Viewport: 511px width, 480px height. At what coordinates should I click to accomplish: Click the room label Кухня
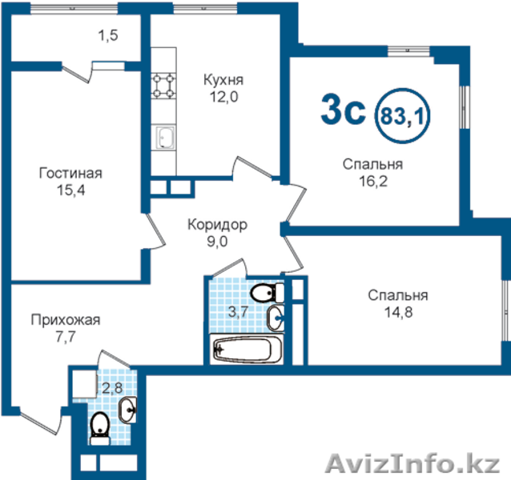pos(223,80)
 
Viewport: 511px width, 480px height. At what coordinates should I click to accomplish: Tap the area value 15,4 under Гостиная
pos(70,190)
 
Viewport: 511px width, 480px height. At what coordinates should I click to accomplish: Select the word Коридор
pos(217,225)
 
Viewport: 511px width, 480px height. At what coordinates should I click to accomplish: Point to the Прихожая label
pos(66,320)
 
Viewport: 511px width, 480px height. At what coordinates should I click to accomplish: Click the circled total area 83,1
pos(403,116)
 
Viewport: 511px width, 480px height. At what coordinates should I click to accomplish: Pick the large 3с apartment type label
pos(343,110)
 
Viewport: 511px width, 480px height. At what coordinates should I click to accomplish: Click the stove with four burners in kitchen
pos(163,86)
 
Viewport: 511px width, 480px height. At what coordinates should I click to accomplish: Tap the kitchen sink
pos(166,138)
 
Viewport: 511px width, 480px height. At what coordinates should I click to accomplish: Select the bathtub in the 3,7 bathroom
pos(247,349)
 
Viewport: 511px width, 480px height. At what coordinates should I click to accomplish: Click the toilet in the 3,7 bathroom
pos(268,293)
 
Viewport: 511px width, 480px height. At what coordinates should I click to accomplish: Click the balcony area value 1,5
pos(108,35)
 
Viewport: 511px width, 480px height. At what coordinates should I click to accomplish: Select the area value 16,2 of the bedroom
pos(373,182)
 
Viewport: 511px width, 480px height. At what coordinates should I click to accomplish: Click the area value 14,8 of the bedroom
pos(398,313)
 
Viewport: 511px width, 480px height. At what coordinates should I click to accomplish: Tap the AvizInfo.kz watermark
pos(412,462)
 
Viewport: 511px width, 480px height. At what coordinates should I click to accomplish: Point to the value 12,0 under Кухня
pos(223,97)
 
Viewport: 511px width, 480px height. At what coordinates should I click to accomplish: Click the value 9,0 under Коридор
pos(217,242)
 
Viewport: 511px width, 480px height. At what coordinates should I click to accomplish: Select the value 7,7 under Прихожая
pos(66,337)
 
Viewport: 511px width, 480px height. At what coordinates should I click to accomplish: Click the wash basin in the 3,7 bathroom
pos(276,318)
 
